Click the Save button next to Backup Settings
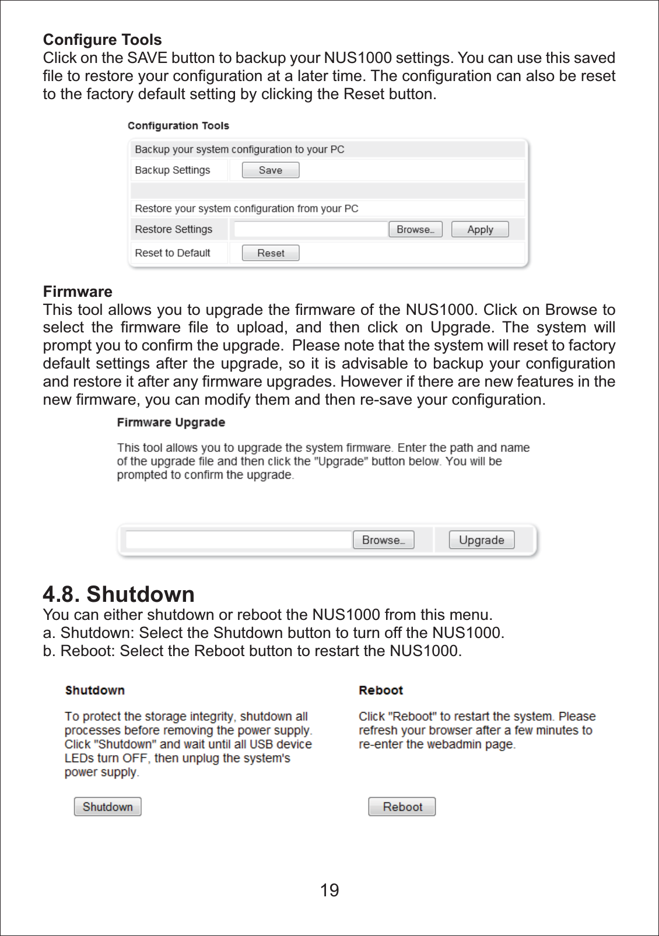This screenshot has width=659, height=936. [271, 170]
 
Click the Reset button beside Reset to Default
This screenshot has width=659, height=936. [271, 253]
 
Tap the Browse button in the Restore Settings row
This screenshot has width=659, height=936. [415, 229]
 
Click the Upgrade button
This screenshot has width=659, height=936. [481, 540]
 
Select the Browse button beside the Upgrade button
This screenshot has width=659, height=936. [383, 540]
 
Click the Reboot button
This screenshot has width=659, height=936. [402, 807]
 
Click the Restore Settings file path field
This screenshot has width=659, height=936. [310, 229]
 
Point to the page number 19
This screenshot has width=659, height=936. [329, 890]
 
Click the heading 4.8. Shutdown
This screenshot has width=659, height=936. [119, 594]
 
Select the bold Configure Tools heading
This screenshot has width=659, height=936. [103, 40]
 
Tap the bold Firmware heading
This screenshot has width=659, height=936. [78, 292]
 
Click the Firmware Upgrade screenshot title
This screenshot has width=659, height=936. [171, 422]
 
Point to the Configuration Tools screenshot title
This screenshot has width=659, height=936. [178, 126]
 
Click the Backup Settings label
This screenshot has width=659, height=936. [173, 170]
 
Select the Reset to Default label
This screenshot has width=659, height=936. [173, 253]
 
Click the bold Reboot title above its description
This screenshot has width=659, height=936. [381, 690]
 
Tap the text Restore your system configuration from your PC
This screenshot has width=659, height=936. [247, 209]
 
